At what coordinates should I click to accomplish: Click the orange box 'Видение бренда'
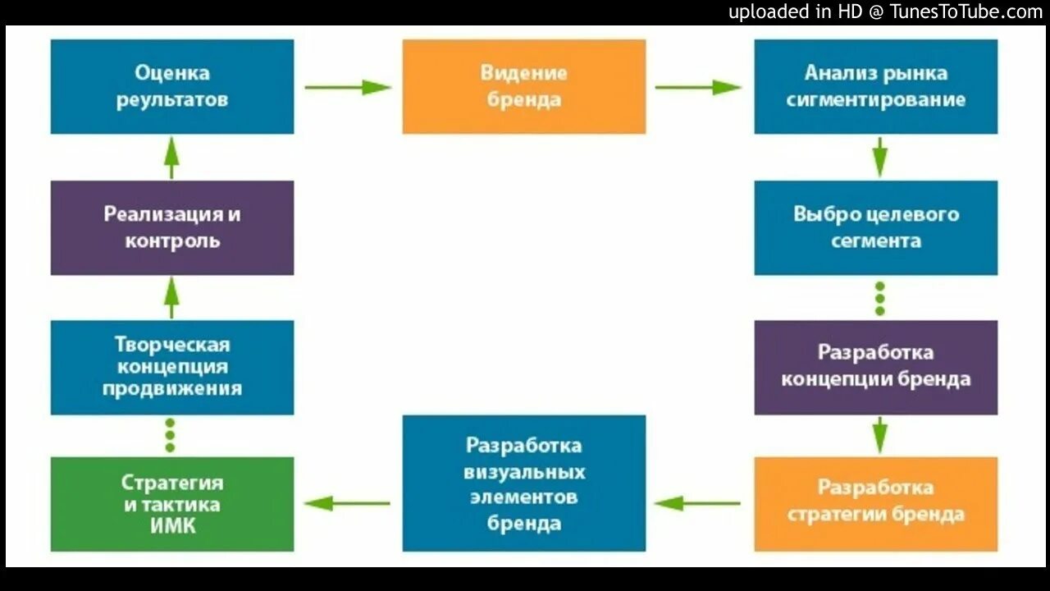(x=523, y=86)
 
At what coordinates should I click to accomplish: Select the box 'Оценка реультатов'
(x=172, y=86)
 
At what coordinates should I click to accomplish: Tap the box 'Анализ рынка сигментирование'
(x=876, y=86)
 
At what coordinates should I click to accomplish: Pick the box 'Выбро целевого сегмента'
(x=876, y=227)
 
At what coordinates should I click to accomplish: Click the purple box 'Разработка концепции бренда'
(x=876, y=366)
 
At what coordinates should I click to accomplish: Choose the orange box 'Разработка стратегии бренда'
(x=876, y=502)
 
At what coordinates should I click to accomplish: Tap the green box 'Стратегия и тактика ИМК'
(x=172, y=503)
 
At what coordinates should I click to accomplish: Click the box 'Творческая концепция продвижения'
(x=172, y=366)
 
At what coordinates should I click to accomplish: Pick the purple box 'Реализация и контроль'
(x=172, y=227)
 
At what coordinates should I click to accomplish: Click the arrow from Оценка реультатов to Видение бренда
(x=348, y=87)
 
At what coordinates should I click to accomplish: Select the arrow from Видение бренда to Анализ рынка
(x=699, y=87)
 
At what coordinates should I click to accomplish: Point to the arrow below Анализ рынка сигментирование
(x=879, y=157)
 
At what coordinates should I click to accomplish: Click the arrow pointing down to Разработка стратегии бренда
(x=879, y=435)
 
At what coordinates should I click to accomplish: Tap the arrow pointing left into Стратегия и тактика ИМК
(x=348, y=503)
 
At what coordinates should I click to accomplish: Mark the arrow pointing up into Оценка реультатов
(x=171, y=157)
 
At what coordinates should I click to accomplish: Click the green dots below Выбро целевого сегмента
(x=879, y=299)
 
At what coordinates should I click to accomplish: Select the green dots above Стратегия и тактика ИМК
(x=170, y=435)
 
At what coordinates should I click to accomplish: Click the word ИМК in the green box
(x=172, y=526)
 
